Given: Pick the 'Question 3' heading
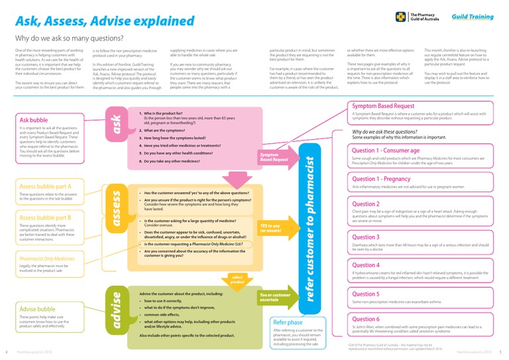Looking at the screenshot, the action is tap(366, 237).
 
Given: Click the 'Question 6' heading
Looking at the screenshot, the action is tap(366, 319).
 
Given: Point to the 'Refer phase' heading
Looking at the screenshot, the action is tap(290, 322).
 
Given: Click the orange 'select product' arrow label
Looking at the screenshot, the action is tap(237, 278).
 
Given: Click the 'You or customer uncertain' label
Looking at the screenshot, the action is tap(275, 297).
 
